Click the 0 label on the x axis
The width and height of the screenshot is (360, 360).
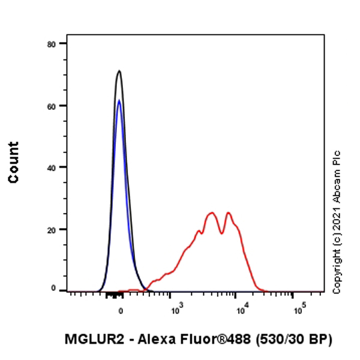[x=121, y=311]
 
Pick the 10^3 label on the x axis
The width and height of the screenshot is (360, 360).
[x=176, y=310]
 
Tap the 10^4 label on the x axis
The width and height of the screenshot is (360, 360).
[x=242, y=310]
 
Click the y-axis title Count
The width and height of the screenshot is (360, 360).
[x=13, y=162]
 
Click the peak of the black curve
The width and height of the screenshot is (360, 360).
[x=119, y=71]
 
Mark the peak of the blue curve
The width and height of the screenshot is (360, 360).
[x=119, y=100]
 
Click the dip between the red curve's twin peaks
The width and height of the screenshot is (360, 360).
[x=222, y=233]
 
